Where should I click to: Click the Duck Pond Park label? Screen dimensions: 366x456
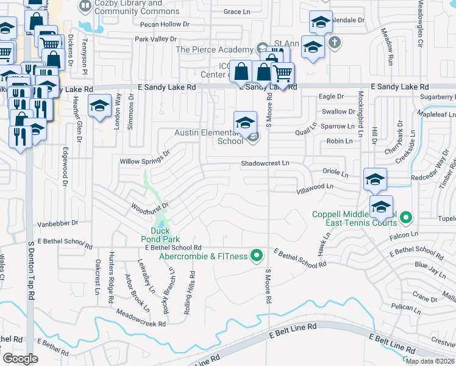coord(165,235)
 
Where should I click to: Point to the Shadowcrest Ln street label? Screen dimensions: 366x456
coord(265,163)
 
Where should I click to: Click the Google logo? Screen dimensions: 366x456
coord(20,358)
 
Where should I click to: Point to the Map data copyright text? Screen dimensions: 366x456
coord(430,361)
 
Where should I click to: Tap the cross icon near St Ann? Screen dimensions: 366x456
coord(333,43)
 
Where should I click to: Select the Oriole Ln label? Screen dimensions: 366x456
coord(334,174)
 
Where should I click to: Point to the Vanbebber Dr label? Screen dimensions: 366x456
coord(59,224)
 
